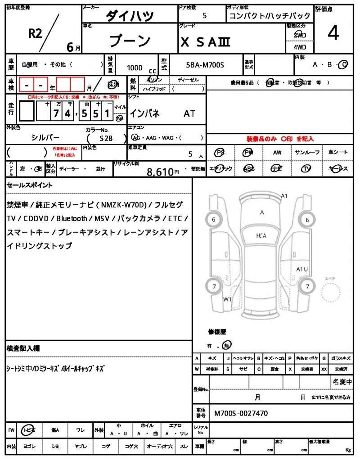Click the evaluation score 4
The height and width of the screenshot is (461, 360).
pyautogui.click(x=333, y=33)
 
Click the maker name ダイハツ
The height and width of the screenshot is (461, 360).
pyautogui.click(x=130, y=16)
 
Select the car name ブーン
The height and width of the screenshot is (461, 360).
pyautogui.click(x=130, y=41)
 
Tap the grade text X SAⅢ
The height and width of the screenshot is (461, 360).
pyautogui.click(x=206, y=42)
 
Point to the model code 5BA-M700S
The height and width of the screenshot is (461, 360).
pyautogui.click(x=205, y=65)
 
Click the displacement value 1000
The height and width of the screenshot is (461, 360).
pyautogui.click(x=135, y=68)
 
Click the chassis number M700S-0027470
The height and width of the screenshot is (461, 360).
pyautogui.click(x=241, y=412)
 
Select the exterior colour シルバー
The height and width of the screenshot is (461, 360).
pyautogui.click(x=45, y=137)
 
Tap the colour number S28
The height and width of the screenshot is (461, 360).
pyautogui.click(x=106, y=139)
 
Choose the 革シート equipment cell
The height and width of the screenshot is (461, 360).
pyautogui.click(x=338, y=153)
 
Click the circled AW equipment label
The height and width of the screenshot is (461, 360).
pyautogui.click(x=277, y=153)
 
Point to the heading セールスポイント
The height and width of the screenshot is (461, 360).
pyautogui.click(x=29, y=185)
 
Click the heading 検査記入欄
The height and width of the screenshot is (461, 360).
pyautogui.click(x=23, y=348)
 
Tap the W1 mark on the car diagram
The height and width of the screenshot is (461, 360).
pyautogui.click(x=227, y=299)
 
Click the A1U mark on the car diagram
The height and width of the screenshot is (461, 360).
pyautogui.click(x=302, y=269)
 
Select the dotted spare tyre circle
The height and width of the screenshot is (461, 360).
pyautogui.click(x=332, y=294)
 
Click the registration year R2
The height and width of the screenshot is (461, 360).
pyautogui.click(x=35, y=34)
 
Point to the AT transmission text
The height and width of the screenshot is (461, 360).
pyautogui.click(x=189, y=113)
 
